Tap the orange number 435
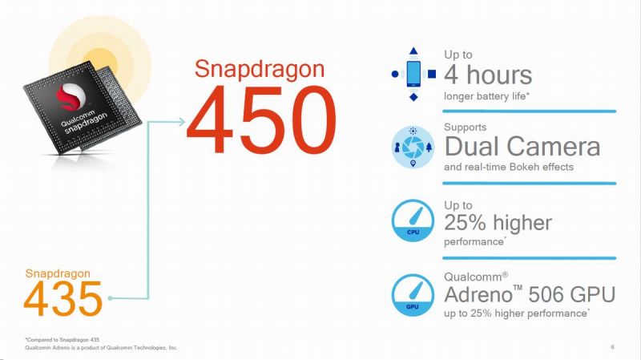pos(63,298)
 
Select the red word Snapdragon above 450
pos(260,70)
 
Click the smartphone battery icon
pos(413,75)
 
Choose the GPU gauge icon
pos(413,293)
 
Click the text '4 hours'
pos(488,75)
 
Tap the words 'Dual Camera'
pos(522,148)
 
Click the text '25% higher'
pos(498,221)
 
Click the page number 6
pos(612,346)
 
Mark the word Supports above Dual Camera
pos(465,127)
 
